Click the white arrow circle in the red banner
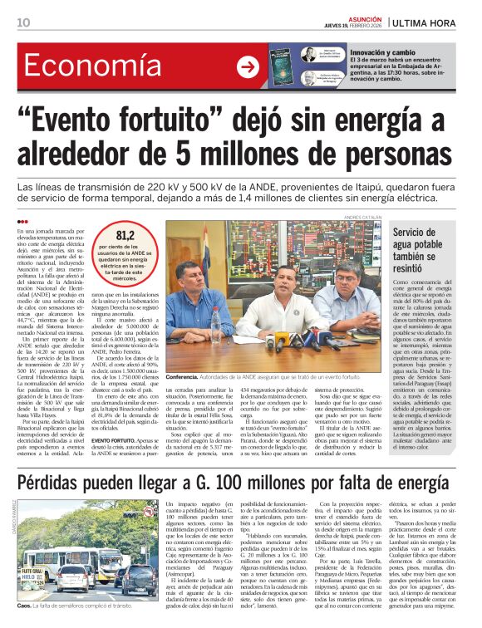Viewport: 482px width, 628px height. (247, 67)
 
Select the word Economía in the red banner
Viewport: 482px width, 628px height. (92, 67)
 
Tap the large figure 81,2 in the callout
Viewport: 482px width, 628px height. (125, 236)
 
